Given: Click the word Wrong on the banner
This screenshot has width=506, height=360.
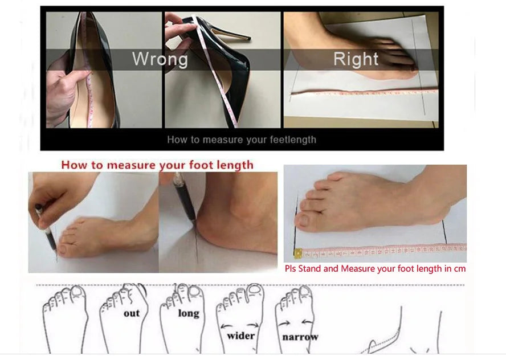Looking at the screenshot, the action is point(160,59).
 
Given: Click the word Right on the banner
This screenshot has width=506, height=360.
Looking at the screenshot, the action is point(356,59).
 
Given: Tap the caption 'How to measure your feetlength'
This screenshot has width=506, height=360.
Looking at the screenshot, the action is point(242,140).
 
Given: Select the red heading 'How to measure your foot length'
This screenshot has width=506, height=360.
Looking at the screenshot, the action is point(157,165).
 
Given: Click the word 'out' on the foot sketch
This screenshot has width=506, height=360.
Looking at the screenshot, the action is point(132,313).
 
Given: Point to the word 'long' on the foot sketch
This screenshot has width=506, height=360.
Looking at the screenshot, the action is point(189,313).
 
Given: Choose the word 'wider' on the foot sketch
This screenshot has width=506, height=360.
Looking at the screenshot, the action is point(240,336).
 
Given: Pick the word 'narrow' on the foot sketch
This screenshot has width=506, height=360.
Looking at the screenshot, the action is point(300,337).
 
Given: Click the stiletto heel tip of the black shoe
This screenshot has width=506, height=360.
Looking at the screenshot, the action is point(248,39).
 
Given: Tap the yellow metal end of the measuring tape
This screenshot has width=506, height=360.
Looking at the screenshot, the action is point(298,253).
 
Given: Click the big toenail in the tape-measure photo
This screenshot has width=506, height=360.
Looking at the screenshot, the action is point(304,220).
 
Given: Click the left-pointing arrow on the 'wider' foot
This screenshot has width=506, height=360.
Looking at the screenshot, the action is point(227,326).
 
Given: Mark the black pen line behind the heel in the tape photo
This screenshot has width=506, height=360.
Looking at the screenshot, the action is point(444,232).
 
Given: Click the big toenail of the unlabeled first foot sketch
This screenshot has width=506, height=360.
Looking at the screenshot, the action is point(77,292).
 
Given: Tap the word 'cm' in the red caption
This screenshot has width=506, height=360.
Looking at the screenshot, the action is point(459,269).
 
